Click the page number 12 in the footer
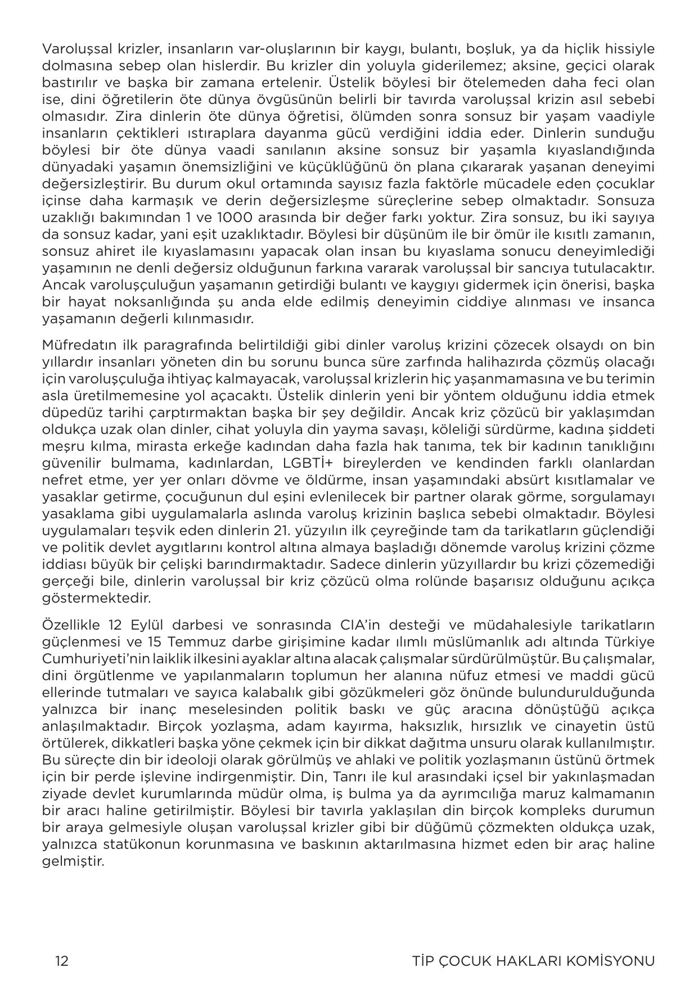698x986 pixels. point(62,961)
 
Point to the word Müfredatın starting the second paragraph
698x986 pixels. point(77,344)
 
